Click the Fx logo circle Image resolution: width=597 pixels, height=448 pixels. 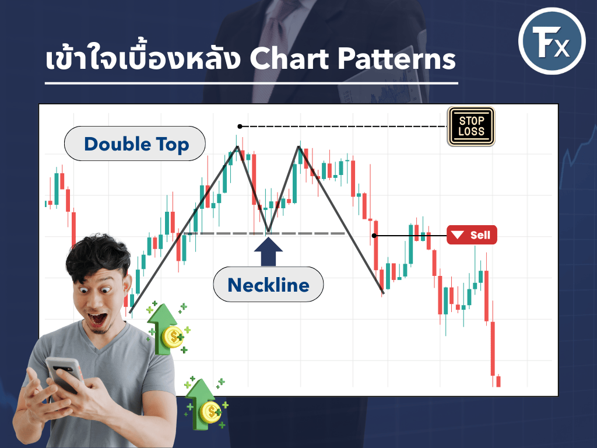point(552,41)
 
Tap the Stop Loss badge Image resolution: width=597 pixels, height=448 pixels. point(471,127)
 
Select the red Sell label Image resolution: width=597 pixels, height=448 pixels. point(472,235)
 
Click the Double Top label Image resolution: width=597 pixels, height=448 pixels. point(135,143)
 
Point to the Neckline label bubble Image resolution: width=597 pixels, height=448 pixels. point(268,285)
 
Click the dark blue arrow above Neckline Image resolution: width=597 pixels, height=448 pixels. point(268,251)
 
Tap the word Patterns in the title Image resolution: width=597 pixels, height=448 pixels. point(396,59)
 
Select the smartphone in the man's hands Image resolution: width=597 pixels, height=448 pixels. point(65,375)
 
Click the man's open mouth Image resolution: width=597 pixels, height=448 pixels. point(98,319)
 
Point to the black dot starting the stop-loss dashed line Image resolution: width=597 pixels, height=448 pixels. point(240,127)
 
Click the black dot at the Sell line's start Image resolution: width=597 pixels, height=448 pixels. point(375,236)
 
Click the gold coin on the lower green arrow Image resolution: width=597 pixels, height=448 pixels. point(210,412)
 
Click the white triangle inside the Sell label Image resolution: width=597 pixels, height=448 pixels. point(458,235)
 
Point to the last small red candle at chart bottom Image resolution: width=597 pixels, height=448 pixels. point(498,381)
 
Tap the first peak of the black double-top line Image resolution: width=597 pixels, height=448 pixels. point(238,146)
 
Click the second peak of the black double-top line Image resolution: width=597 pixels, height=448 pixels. point(298,146)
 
